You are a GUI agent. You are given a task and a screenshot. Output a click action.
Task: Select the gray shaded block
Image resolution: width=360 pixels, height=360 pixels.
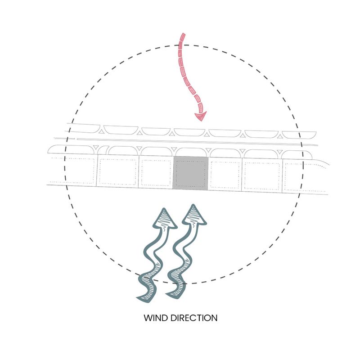point(190,173)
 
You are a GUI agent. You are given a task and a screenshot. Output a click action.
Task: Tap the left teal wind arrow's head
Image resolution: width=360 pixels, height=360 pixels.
point(164,219)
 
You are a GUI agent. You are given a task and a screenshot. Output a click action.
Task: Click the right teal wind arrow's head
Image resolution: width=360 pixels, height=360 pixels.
point(193,215)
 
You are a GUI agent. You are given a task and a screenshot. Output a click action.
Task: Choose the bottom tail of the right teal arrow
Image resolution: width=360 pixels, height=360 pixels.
point(167,294)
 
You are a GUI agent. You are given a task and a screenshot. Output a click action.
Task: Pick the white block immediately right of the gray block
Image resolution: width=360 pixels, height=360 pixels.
point(225,174)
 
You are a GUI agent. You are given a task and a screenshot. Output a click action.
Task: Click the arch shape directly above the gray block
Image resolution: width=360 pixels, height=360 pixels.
point(190,153)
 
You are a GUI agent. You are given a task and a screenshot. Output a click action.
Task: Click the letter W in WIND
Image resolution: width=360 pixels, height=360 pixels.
point(148,318)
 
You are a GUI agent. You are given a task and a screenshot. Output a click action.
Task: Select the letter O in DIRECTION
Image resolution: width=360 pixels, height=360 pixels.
point(205,318)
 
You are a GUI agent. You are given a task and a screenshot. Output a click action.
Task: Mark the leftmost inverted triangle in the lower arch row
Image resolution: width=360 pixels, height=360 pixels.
point(96,147)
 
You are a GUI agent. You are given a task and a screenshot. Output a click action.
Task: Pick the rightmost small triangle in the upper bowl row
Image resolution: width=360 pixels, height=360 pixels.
point(279,137)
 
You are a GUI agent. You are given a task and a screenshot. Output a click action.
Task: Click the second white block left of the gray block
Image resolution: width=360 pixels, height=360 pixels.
point(117,171)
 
